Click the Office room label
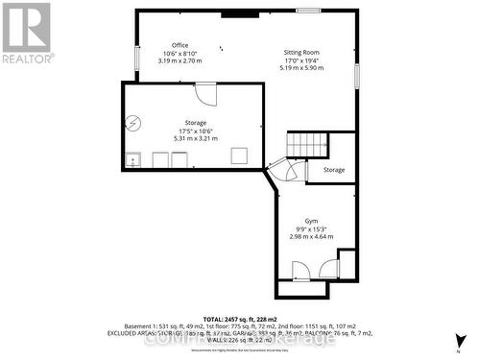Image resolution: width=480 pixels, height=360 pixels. (x=180, y=45)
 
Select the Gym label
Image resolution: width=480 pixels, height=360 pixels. (x=312, y=221)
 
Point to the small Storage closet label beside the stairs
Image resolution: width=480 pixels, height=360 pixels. (x=333, y=170)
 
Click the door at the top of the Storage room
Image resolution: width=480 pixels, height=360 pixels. (x=206, y=93)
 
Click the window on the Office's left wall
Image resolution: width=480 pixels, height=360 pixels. (x=136, y=57)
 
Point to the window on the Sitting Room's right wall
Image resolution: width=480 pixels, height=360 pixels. (x=357, y=75)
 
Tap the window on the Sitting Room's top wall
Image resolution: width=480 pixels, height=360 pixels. (x=308, y=11)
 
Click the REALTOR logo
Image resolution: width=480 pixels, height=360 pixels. (x=25, y=32)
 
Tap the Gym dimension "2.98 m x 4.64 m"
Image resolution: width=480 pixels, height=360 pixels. (x=312, y=236)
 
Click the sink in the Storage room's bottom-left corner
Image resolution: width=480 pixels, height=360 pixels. (x=133, y=159)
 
